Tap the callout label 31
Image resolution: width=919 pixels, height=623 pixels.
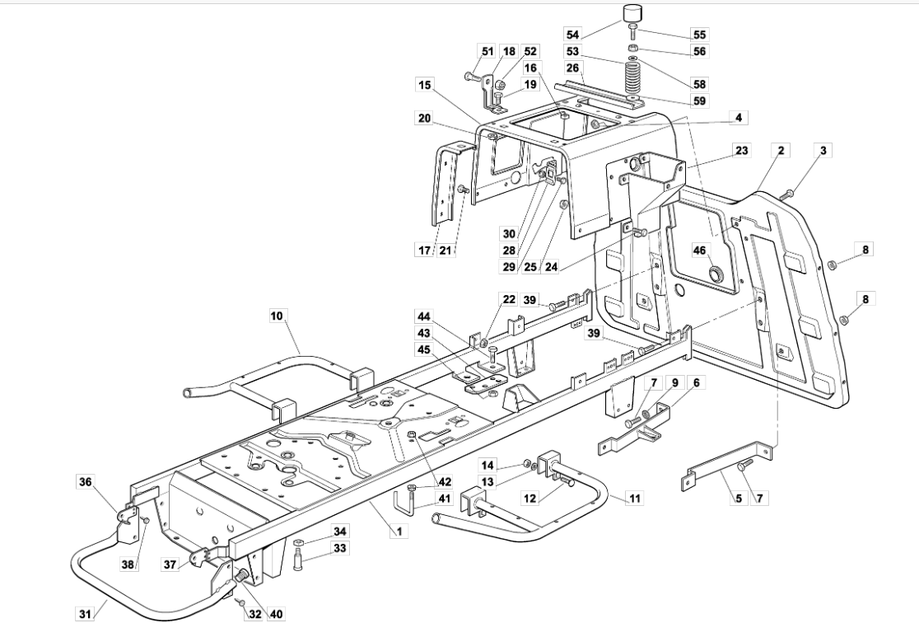(x=86, y=612)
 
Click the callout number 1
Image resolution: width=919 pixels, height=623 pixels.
(x=399, y=532)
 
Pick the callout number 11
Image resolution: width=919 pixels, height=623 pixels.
(x=635, y=498)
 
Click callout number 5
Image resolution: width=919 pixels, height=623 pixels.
(x=738, y=498)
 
